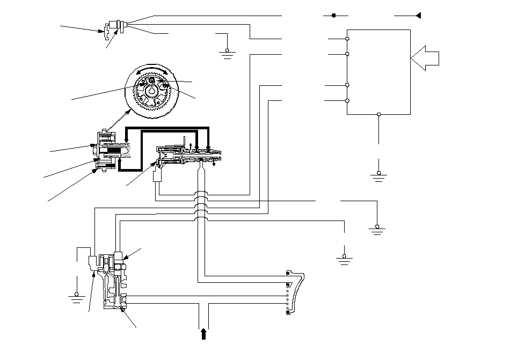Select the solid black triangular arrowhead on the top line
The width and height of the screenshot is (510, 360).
point(418,15)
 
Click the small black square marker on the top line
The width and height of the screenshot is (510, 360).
point(333,15)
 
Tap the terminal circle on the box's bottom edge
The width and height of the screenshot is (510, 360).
point(379,114)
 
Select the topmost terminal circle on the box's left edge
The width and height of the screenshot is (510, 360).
point(347,39)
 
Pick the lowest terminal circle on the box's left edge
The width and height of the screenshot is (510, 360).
point(347,100)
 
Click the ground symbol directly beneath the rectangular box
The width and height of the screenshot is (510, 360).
point(379,175)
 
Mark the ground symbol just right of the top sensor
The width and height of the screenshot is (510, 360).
point(227,52)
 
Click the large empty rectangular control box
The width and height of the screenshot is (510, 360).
point(379,71)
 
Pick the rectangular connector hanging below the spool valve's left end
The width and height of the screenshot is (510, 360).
point(158,175)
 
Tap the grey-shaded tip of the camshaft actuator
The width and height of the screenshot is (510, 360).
point(126,151)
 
